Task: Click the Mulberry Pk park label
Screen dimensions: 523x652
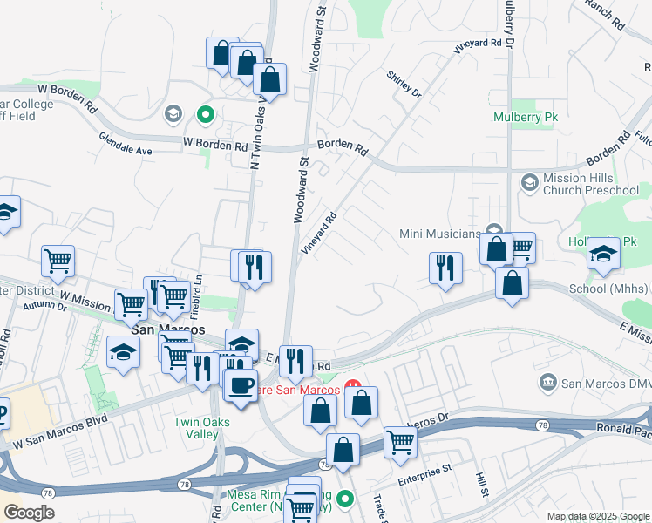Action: pyautogui.click(x=525, y=116)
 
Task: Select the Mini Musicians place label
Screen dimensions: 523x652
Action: pyautogui.click(x=440, y=234)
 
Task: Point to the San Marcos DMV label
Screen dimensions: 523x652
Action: pyautogui.click(x=593, y=383)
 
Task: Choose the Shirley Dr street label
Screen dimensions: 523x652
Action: pyautogui.click(x=404, y=83)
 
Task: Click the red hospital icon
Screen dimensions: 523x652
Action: pyautogui.click(x=353, y=384)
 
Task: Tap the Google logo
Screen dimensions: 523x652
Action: pyautogui.click(x=30, y=512)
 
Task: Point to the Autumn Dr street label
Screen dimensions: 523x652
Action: pyautogui.click(x=46, y=307)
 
